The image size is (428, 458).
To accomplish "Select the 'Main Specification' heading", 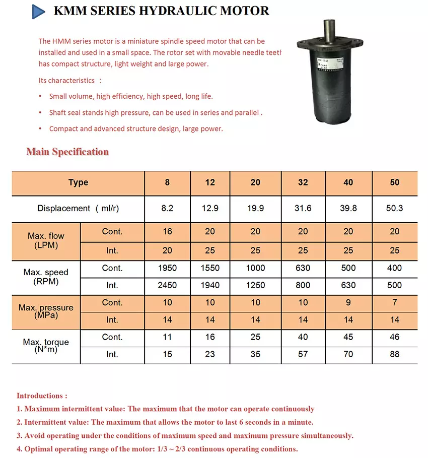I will click(67, 152).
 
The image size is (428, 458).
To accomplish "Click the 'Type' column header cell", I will click(78, 183).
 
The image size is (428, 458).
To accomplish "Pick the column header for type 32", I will click(303, 183).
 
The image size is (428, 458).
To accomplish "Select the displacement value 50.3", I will click(394, 208).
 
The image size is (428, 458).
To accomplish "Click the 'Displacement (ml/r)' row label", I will click(78, 208).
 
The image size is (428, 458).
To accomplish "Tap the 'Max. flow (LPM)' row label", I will click(46, 241).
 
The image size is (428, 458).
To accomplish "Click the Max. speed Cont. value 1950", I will click(167, 268).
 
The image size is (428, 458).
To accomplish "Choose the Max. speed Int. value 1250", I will click(255, 285).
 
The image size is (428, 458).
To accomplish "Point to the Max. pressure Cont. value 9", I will click(348, 303).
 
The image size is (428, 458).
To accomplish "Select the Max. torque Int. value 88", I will click(394, 354).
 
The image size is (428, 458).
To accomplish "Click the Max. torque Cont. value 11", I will click(167, 337).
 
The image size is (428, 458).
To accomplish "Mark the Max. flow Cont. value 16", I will click(167, 232).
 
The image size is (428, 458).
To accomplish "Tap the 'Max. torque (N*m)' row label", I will click(46, 346).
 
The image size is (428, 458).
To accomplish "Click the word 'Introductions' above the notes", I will click(40, 396).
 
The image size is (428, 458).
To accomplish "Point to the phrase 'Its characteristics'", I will click(66, 81).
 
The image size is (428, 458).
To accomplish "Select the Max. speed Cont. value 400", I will click(394, 268).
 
